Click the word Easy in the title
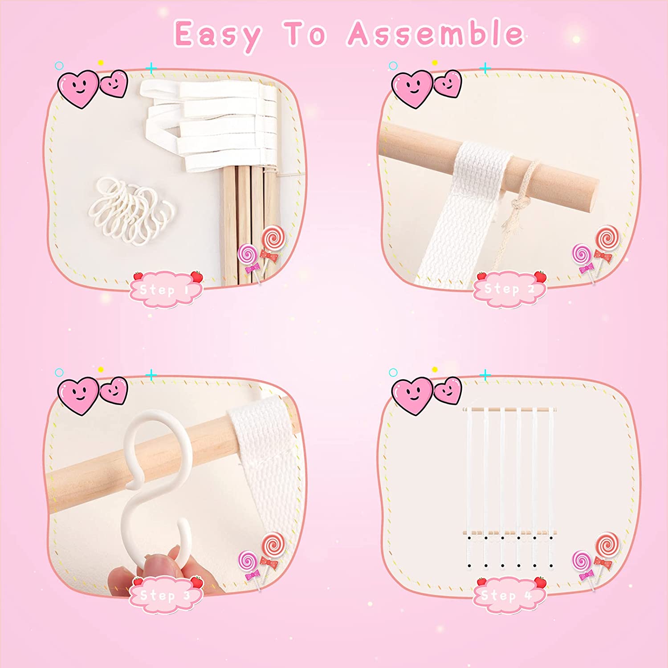pos(217,35)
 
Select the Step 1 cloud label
pos(166,289)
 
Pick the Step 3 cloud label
pos(166,595)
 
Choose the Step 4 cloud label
pos(509,595)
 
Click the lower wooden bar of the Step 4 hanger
pos(508,533)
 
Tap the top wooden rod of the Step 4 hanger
pos(510,408)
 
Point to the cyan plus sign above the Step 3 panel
pos(151,375)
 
